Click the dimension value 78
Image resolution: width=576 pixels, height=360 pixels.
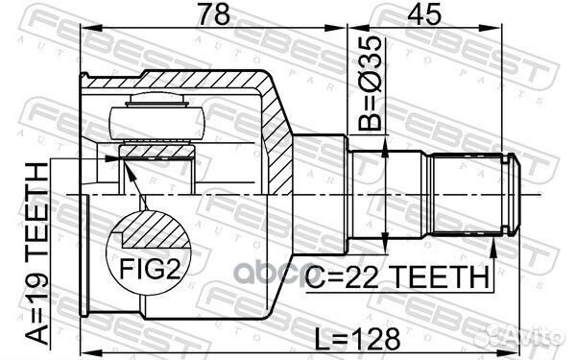click(213, 13)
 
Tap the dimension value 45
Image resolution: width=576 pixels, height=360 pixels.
click(424, 13)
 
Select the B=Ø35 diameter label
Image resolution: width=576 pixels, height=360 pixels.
click(370, 84)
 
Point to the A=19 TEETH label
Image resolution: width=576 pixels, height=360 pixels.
click(36, 253)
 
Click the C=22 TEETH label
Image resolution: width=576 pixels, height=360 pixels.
click(397, 277)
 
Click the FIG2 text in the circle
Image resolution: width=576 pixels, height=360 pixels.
click(150, 269)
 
